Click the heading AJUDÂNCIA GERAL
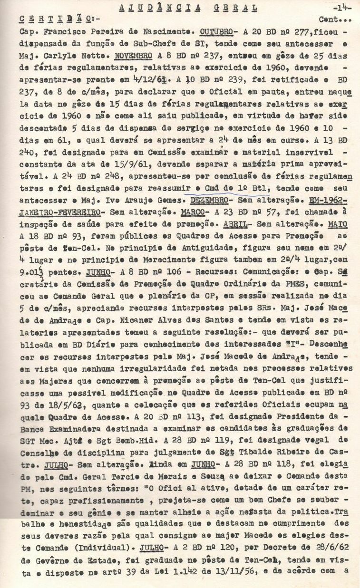coord(187,8)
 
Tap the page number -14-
coord(341,8)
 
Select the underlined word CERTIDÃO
coord(52,19)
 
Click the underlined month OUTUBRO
coord(217,31)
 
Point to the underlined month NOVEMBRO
coord(135,54)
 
